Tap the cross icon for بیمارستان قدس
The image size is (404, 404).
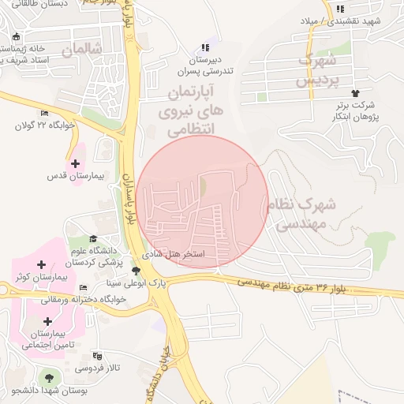[75, 164]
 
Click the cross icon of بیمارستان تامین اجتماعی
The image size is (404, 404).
[48, 321]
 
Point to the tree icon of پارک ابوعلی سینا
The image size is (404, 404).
[136, 271]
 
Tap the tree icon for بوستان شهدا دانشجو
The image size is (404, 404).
[50, 378]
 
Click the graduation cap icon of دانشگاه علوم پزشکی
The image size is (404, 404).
[93, 239]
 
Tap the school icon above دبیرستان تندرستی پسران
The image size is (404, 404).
[206, 47]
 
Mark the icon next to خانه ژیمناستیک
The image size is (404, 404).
[17, 36]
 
